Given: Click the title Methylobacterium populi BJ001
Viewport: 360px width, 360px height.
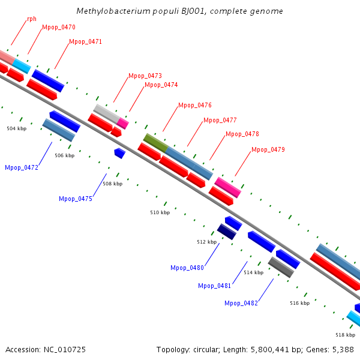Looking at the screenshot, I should point(180,11).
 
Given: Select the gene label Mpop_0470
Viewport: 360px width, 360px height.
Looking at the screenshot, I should point(59,28).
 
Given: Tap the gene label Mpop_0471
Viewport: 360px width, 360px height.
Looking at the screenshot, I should point(85,42).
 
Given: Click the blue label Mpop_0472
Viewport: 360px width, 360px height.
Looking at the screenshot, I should point(22,168).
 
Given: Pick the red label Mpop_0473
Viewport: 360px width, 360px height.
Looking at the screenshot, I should point(145,76).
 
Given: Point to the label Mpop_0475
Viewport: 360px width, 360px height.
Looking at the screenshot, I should point(76,199).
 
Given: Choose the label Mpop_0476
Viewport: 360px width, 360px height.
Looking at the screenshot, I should point(195,106).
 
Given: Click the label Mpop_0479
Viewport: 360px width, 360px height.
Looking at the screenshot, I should point(268,149).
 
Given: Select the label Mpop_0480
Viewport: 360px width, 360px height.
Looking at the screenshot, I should point(187,268).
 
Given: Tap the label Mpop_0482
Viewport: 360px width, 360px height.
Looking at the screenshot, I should point(241,304).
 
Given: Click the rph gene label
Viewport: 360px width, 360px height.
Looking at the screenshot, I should point(31,19).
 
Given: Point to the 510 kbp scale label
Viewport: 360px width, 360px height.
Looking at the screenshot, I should point(160,213).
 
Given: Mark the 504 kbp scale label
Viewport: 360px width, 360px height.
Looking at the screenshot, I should point(17,128).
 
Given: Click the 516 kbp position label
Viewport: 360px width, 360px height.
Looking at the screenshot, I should point(299,304).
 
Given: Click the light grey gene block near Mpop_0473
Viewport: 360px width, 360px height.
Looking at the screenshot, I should point(106,112).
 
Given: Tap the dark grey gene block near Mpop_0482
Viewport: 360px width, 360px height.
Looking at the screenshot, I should point(281,267).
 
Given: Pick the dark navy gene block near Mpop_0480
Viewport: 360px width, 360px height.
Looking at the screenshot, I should point(226,231).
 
